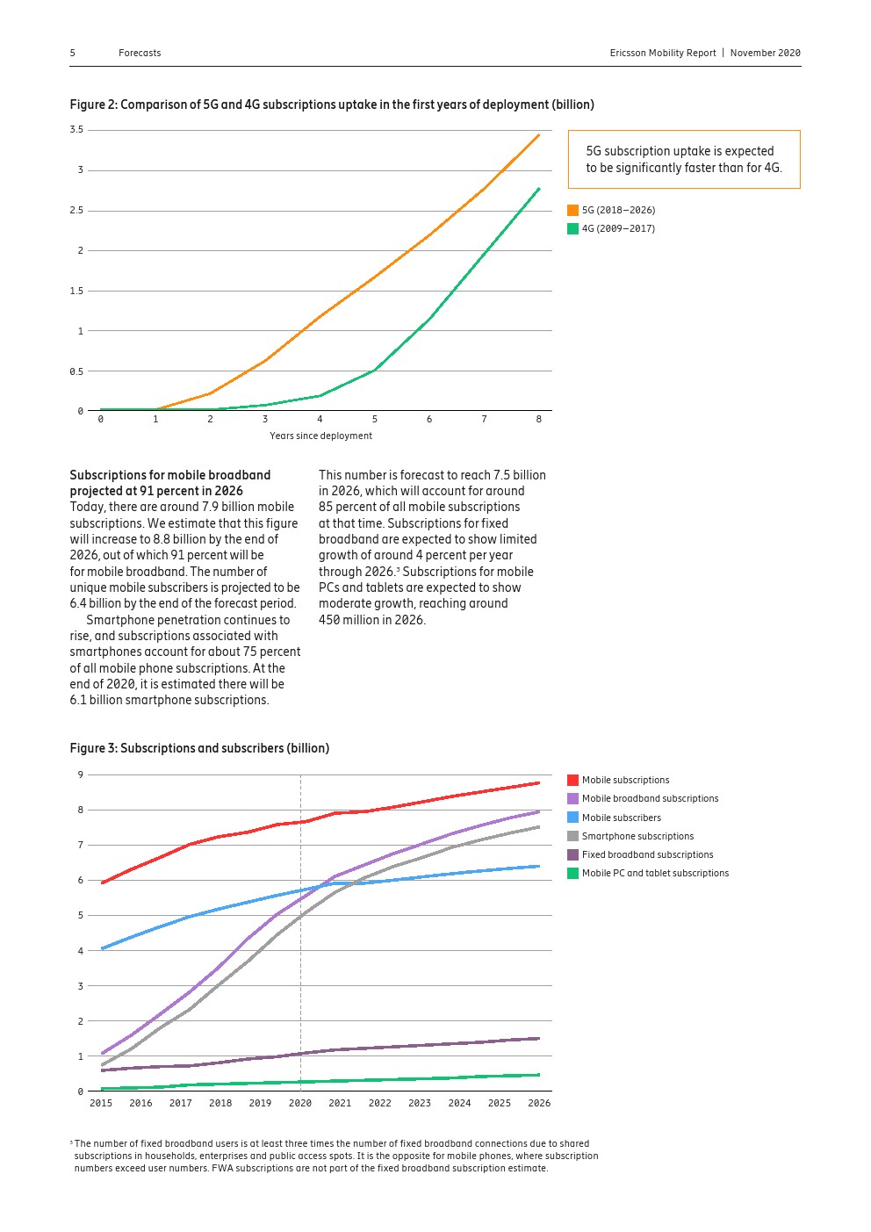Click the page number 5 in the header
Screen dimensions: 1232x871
73,53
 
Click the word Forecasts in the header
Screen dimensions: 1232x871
140,53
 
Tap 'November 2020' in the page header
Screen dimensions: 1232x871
765,53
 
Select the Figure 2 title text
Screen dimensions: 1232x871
332,104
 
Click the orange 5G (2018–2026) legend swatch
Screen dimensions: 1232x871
573,211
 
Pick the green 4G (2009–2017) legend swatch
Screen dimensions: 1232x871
573,229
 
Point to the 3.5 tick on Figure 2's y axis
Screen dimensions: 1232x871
76,130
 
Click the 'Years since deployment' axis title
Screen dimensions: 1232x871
320,436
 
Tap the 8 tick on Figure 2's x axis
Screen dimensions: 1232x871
539,420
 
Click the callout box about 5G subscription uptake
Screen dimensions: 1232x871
684,160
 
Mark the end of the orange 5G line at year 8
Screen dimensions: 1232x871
538,135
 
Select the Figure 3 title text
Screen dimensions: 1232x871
199,748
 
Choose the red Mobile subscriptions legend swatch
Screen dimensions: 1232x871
573,780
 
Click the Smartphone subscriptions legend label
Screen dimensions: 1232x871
637,836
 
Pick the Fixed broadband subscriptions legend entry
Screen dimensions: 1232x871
647,854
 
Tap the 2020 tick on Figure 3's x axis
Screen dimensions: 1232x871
300,1103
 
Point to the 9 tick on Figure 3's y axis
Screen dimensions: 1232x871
80,775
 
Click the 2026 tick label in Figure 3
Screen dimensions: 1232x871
539,1103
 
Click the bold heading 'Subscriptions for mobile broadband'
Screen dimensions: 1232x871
170,475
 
